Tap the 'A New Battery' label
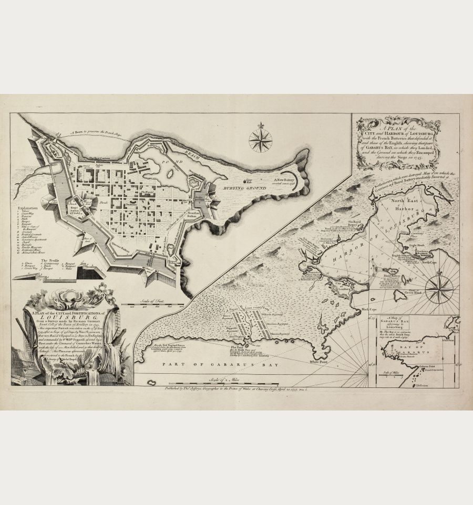click(284, 180)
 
